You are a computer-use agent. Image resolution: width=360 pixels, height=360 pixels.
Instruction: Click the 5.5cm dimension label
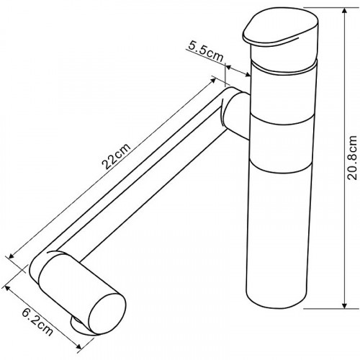(x=205, y=52)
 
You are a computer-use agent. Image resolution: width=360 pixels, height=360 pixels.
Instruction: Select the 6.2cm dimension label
(x=37, y=322)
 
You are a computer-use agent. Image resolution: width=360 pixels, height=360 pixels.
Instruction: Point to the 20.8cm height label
(x=352, y=158)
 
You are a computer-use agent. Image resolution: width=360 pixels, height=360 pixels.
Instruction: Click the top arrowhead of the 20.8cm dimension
(x=345, y=12)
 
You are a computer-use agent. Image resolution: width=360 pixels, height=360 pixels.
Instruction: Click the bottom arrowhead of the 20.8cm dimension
(x=345, y=304)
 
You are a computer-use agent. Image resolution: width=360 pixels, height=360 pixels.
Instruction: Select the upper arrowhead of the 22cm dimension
(x=212, y=81)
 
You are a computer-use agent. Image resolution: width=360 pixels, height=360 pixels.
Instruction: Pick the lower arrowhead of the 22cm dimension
(x=12, y=256)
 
